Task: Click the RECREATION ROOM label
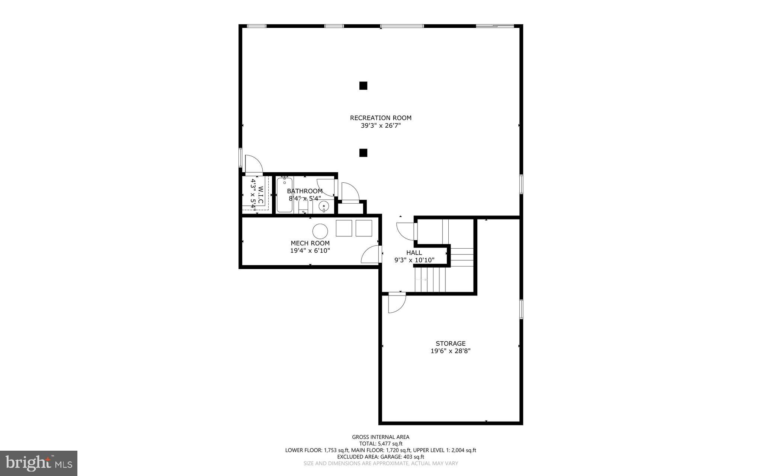coord(380,118)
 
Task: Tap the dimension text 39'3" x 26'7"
coord(380,126)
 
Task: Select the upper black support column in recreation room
coord(363,86)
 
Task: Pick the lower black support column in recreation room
coord(363,153)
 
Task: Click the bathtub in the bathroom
coord(285,195)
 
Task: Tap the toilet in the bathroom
coord(303,205)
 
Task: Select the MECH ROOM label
coord(310,243)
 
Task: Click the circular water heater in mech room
coord(320,231)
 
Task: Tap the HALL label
coord(414,253)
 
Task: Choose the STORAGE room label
coord(450,344)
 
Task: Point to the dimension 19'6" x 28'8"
coord(450,351)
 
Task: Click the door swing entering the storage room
coord(396,302)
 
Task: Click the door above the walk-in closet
coord(253,164)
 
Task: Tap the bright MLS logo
coord(39,463)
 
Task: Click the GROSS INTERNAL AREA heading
coord(380,437)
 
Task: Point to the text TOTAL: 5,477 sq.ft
coord(380,444)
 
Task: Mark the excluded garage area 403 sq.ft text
coord(380,457)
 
